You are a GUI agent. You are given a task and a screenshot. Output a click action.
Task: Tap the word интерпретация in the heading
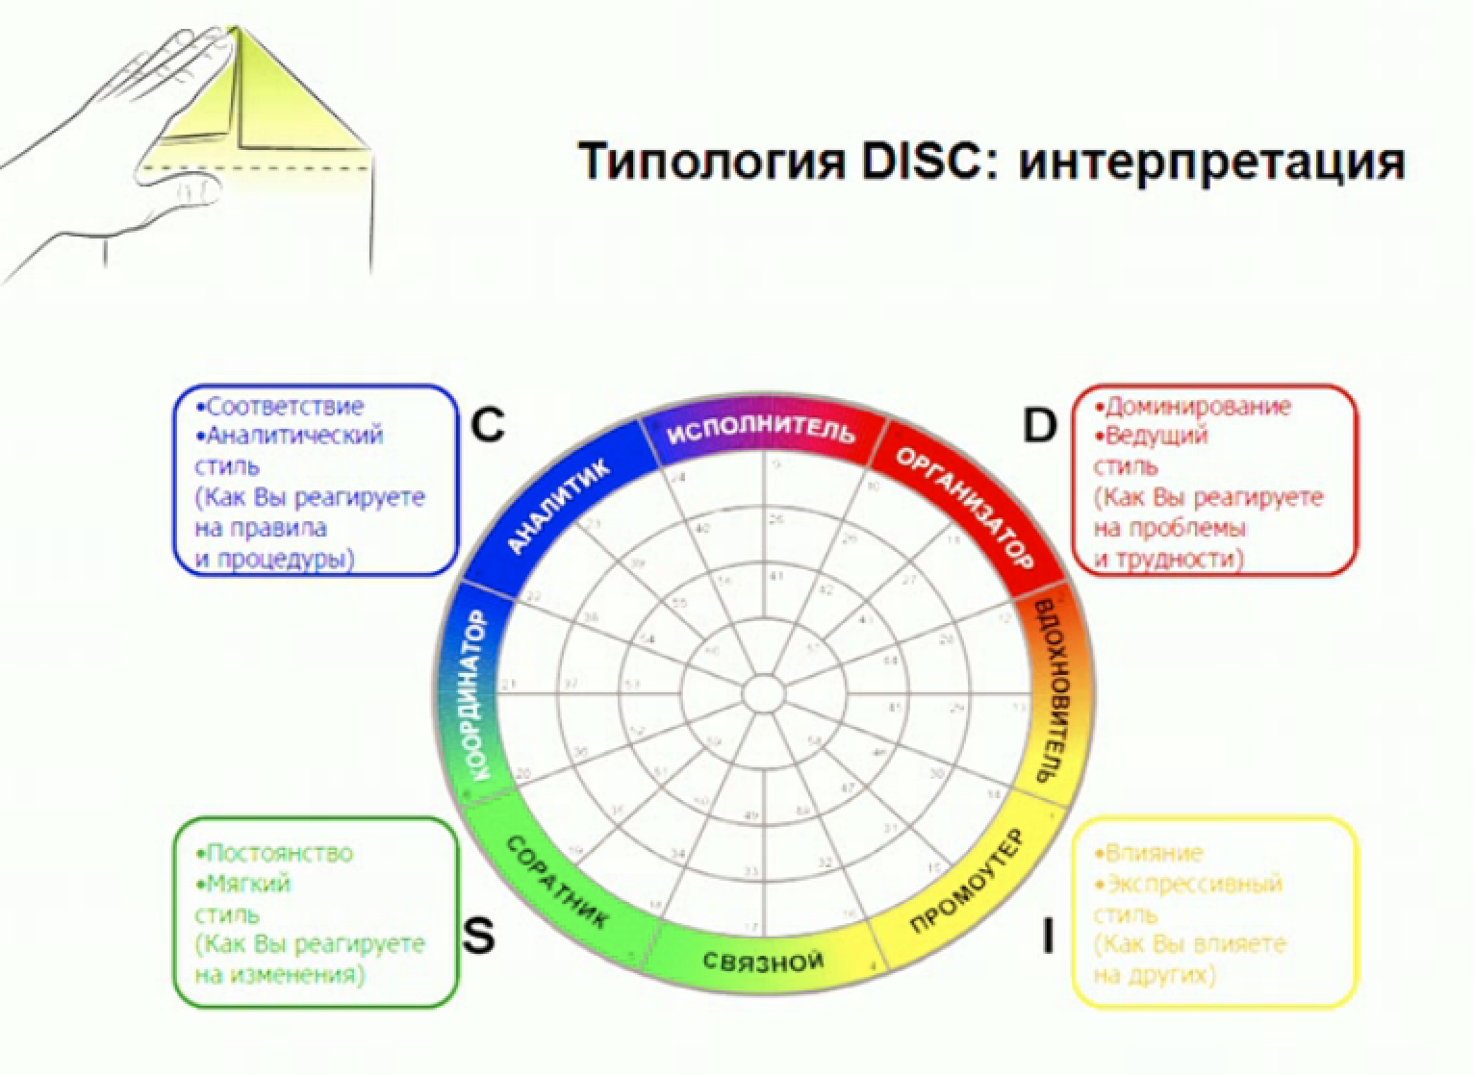(x=1211, y=162)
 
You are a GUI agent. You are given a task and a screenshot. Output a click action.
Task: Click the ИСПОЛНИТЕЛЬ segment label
(x=761, y=429)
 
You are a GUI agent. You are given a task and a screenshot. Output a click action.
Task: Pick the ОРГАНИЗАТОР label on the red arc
(x=964, y=508)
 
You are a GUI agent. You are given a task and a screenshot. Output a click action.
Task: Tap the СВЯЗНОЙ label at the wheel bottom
(x=762, y=961)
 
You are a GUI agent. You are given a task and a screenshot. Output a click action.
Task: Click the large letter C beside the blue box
(x=488, y=423)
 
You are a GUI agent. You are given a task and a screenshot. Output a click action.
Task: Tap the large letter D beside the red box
(x=1039, y=424)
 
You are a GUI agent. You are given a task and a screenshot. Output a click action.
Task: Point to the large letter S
(x=478, y=935)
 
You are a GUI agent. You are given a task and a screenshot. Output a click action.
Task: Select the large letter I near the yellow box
(x=1048, y=936)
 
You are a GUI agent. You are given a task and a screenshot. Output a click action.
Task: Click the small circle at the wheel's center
(x=764, y=692)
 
